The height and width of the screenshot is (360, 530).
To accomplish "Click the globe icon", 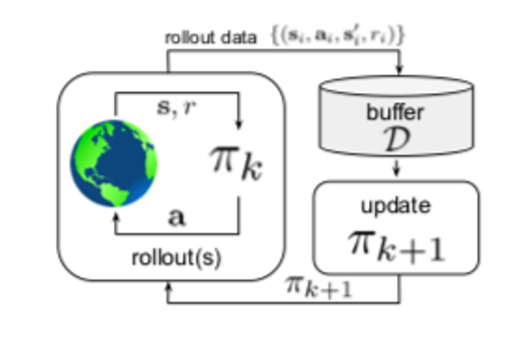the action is tap(114, 163).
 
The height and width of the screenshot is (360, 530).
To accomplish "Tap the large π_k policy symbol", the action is tap(236, 163).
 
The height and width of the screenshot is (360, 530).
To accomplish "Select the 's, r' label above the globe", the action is tap(177, 108).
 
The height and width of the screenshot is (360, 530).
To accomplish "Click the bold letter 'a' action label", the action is tap(177, 217).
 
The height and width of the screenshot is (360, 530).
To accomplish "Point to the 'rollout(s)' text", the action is tap(177, 258).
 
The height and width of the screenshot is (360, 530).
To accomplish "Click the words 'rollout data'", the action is tap(210, 38).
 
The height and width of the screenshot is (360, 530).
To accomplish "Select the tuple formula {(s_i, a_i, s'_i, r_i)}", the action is tap(338, 35).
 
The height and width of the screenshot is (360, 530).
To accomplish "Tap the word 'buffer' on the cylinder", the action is tap(395, 112).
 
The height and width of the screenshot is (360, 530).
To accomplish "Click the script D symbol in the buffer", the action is tap(397, 139).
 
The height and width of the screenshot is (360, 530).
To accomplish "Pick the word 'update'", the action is tap(396, 206).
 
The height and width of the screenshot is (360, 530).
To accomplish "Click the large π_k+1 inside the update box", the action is tap(396, 245).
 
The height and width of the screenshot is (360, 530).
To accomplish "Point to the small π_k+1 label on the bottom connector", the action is tap(318, 287).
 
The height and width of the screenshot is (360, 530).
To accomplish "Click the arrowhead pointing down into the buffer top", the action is tap(399, 68).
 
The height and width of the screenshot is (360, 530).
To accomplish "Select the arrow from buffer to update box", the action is tap(397, 167).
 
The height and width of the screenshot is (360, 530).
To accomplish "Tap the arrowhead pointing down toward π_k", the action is tap(239, 124).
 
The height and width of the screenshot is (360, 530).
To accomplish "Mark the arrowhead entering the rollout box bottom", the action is tap(168, 287).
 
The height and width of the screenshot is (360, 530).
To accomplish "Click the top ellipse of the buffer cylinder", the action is tap(396, 86).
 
